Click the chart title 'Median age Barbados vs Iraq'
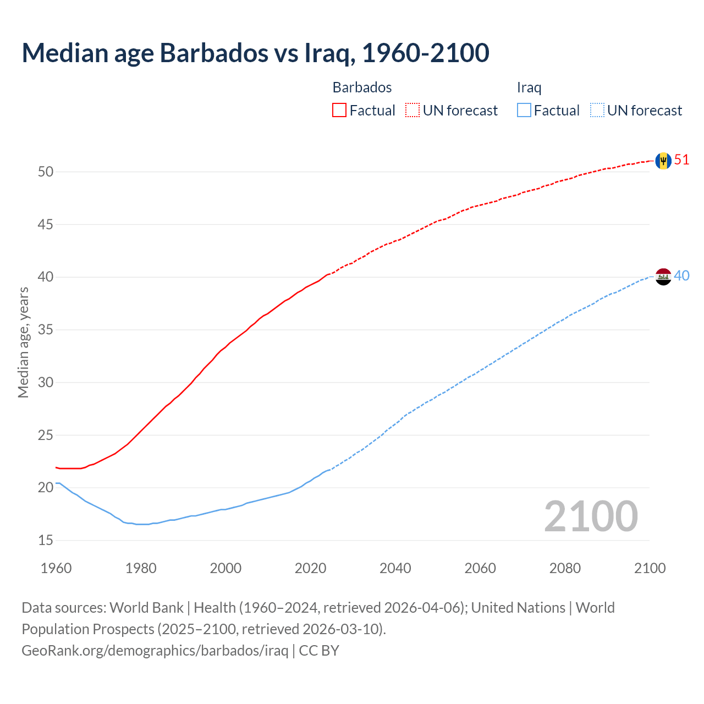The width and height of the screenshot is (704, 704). click(255, 53)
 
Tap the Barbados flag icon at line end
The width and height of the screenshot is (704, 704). click(663, 161)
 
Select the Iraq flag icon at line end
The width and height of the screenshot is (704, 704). click(663, 276)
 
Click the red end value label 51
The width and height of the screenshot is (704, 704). click(681, 160)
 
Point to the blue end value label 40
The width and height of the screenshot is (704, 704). click(681, 276)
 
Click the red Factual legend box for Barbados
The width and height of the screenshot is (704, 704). click(339, 111)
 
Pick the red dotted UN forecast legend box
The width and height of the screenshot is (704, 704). click(413, 111)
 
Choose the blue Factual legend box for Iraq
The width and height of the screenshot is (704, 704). click(524, 111)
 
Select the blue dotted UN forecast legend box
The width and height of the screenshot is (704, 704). click(597, 111)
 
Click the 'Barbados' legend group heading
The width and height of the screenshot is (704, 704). click(362, 87)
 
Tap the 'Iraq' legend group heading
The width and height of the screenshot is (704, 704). click(529, 87)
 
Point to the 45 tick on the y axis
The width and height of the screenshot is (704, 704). click(46, 224)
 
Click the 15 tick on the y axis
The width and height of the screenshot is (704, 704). click(46, 540)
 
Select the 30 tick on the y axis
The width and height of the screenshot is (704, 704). click(46, 382)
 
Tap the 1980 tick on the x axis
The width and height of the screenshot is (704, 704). click(141, 568)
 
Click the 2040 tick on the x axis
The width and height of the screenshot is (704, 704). click(395, 568)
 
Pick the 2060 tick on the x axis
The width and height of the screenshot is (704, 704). click(480, 568)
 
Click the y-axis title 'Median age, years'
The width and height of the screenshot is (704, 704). click(23, 342)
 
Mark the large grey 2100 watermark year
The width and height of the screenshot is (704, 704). click(591, 516)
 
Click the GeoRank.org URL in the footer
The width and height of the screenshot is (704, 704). click(155, 651)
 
